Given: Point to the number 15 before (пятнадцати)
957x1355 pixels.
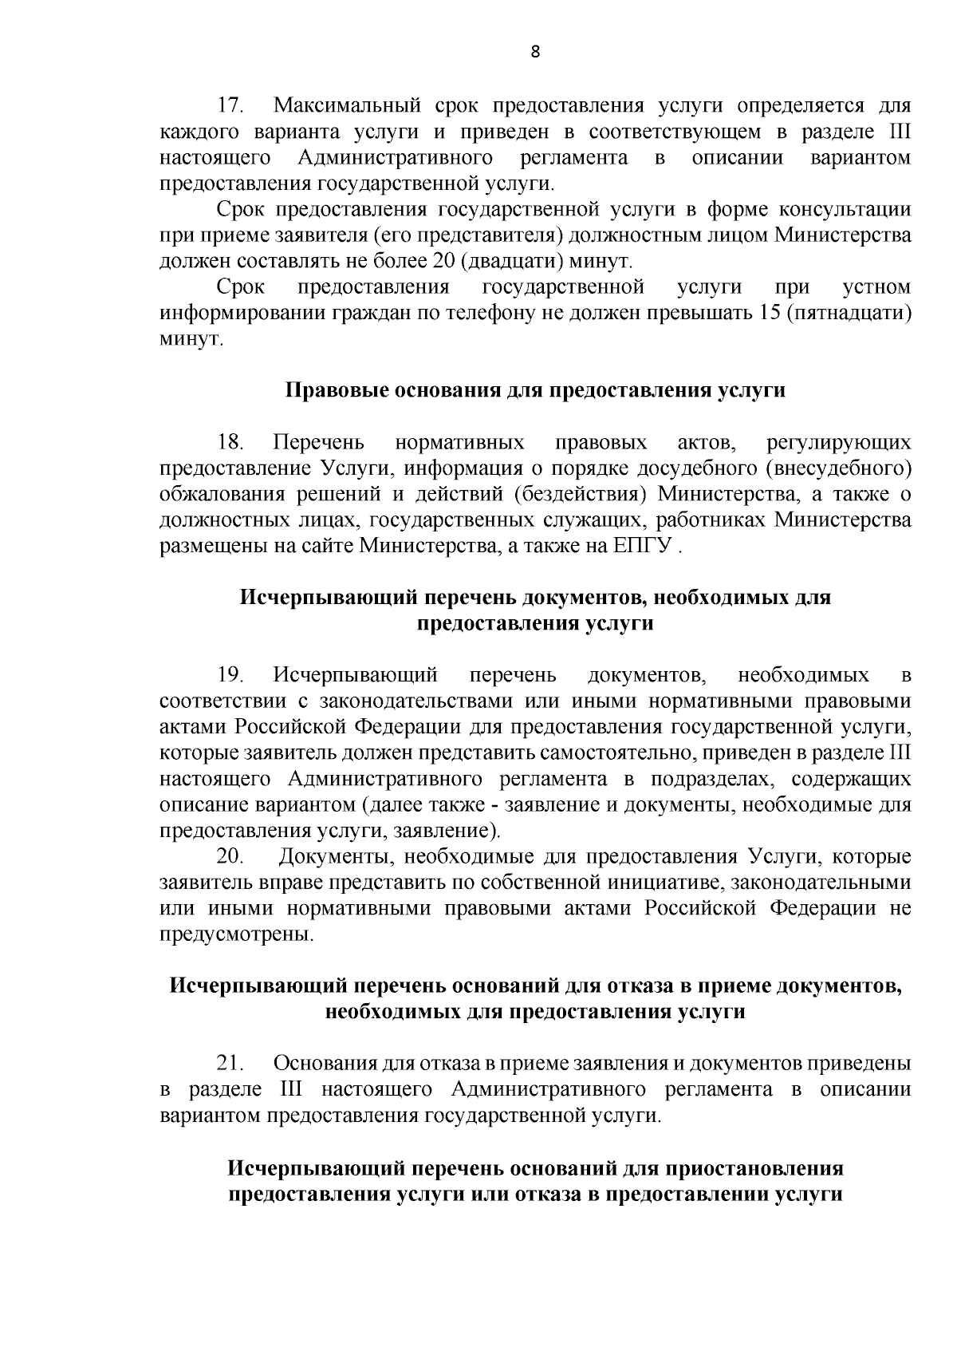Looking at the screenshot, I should pos(764,313).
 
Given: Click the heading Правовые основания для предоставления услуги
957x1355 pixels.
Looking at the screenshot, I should pos(535,390).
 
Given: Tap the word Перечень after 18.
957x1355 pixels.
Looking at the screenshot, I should pos(318,442).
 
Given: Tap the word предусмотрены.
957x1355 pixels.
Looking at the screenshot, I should pos(237,934).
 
